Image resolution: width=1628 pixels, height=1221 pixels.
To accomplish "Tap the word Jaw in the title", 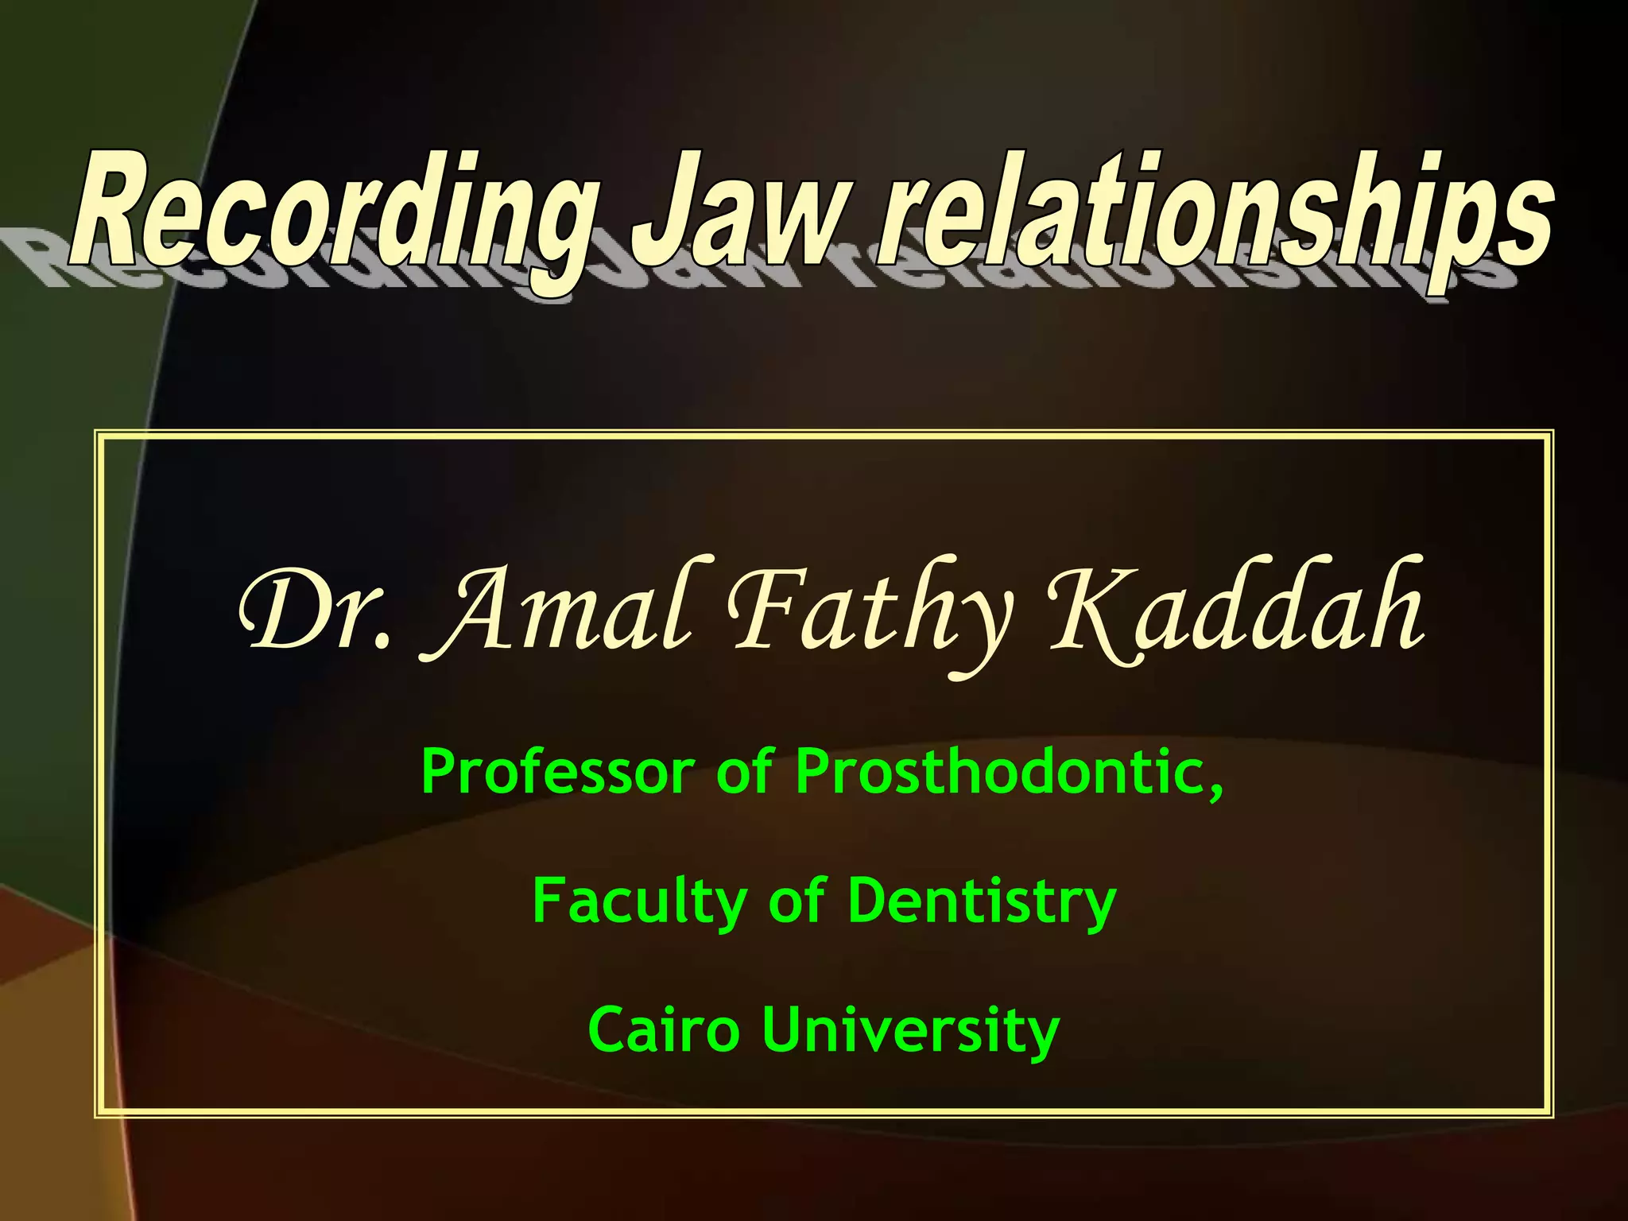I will [x=735, y=211].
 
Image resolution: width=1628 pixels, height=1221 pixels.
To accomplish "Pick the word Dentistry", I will [x=982, y=901].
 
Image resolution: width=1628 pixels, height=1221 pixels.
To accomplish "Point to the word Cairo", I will [x=663, y=1030].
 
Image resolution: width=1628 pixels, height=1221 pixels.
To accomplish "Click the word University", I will [x=911, y=1030].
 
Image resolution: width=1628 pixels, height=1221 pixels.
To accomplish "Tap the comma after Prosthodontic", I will [x=1215, y=791].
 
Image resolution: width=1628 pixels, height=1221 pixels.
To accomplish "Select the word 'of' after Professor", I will [x=744, y=771].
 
